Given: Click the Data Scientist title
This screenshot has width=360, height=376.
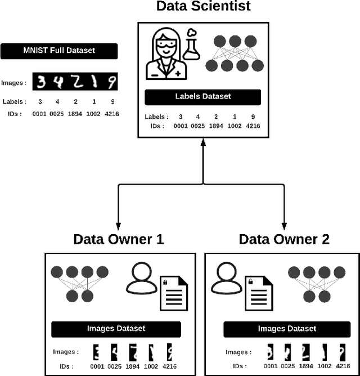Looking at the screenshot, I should click(x=203, y=7).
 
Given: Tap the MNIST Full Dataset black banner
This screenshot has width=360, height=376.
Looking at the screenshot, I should click(x=58, y=51).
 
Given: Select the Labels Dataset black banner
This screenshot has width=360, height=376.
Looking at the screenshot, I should click(x=203, y=97).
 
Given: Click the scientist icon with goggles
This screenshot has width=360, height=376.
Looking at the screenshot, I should click(x=164, y=55).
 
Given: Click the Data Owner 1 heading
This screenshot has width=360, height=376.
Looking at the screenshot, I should click(x=119, y=239).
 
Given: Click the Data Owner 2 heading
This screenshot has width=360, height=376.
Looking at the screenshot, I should click(x=284, y=239).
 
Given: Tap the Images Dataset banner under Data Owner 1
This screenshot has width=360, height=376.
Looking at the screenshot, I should click(x=116, y=329).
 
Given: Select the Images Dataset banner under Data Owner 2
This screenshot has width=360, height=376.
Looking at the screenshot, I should click(x=287, y=329).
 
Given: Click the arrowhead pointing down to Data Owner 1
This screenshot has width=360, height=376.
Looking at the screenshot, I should click(x=119, y=223).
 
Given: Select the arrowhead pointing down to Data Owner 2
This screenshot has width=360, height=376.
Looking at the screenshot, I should click(x=284, y=223).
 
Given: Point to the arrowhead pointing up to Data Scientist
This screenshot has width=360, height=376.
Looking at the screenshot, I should click(x=203, y=144).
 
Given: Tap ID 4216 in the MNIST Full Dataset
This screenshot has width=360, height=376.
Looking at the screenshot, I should click(x=111, y=114).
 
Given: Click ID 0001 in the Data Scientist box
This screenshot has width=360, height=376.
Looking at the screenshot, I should click(x=181, y=127).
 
